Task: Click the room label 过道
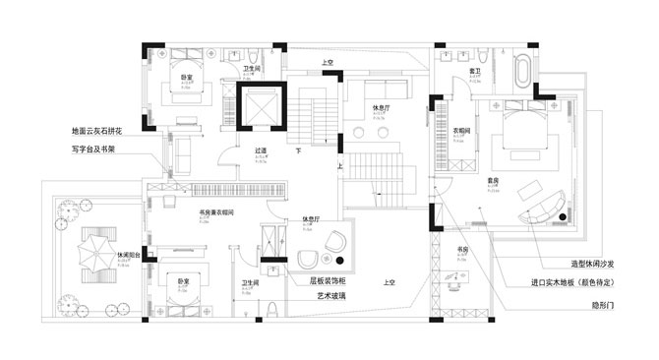[261, 151]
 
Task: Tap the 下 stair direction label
[298, 151]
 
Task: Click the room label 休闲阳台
[129, 255]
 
